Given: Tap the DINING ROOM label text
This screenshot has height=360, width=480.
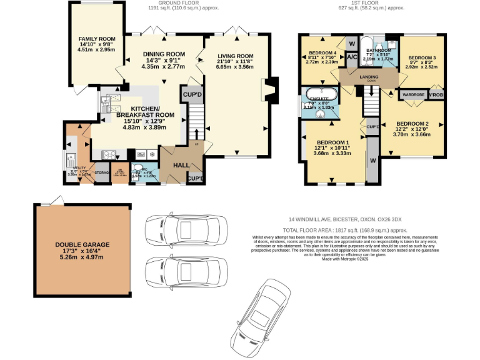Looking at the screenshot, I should click(164, 54).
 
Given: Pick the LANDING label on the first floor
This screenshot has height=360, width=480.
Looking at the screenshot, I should click(369, 77).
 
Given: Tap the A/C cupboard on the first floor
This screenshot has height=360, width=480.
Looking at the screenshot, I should click(351, 57).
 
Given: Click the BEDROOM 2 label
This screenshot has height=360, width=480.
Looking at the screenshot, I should click(412, 123).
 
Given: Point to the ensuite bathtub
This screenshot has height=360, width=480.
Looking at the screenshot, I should click(321, 96).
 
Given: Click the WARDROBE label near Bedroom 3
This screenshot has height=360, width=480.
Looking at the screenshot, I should click(414, 95).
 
